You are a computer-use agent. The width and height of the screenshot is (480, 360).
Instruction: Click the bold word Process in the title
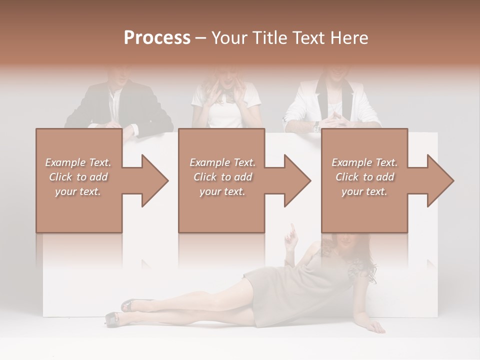coord(157,38)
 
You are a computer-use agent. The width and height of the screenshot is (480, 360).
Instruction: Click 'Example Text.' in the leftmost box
coord(78,162)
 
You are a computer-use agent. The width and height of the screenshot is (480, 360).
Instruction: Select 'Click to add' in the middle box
coord(222,177)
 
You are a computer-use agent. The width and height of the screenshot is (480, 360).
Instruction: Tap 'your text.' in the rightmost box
coord(364,191)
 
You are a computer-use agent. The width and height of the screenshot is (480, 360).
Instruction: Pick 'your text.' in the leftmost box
coord(78,191)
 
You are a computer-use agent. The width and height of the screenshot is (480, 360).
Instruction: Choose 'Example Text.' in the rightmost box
coord(364,162)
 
